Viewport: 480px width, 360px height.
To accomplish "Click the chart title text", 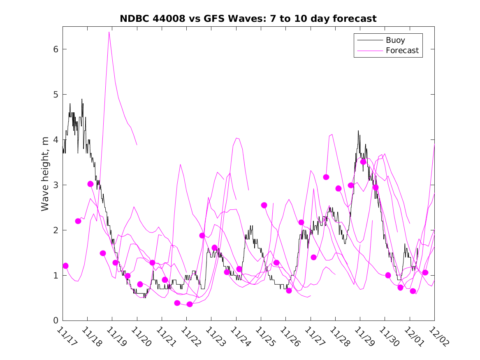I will [x=248, y=19].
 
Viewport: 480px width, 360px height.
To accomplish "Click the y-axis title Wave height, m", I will [x=45, y=174].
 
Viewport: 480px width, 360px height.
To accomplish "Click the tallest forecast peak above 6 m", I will [x=109, y=32].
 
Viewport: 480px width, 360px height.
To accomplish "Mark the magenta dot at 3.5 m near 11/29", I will [x=363, y=162].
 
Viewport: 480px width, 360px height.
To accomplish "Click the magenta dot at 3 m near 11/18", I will [x=90, y=184].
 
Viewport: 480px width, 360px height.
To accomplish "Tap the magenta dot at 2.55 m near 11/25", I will [x=264, y=205].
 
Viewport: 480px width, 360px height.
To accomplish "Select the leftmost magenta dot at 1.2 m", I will [x=65, y=266].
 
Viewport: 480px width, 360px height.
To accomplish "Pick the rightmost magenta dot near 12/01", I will [x=425, y=272].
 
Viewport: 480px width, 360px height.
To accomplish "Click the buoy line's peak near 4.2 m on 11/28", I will [x=358, y=131].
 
